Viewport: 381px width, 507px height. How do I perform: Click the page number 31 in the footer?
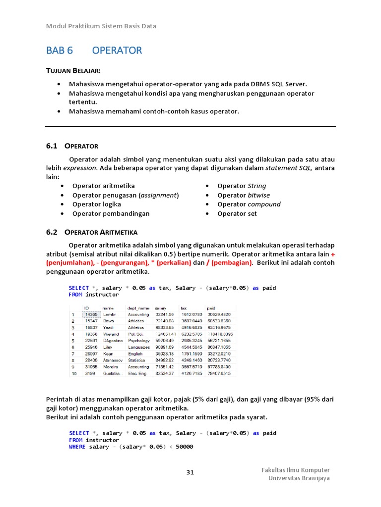(x=190, y=472)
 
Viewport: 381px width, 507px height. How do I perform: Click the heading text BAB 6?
(x=60, y=51)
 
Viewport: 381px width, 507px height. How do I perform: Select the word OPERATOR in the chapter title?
(x=117, y=51)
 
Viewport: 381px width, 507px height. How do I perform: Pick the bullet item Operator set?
(x=237, y=214)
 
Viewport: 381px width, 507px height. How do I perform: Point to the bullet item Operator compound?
(x=249, y=204)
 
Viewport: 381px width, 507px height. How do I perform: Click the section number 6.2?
(x=52, y=232)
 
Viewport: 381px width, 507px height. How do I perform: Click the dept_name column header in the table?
(x=138, y=308)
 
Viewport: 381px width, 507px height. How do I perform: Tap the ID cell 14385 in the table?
(x=91, y=314)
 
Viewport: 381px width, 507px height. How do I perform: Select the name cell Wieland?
(x=111, y=334)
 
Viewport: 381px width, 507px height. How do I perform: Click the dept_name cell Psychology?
(x=139, y=341)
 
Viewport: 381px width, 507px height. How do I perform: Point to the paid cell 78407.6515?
(x=219, y=373)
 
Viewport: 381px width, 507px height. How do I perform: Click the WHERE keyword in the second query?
(x=78, y=447)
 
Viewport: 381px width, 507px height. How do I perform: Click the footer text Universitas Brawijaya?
(x=299, y=478)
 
